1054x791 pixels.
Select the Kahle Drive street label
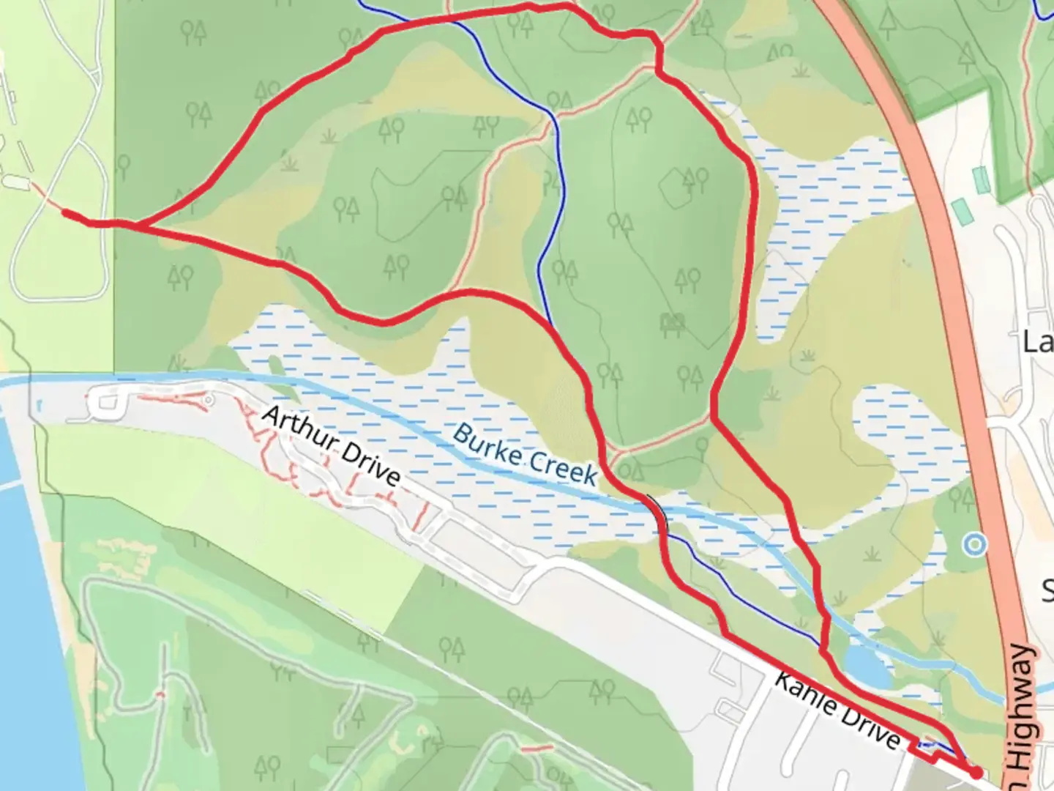[x=837, y=711]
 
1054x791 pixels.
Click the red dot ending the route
[x=976, y=772]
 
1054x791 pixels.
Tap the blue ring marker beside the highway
[x=974, y=544]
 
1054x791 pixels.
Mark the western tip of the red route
[x=66, y=213]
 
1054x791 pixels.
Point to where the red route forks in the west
[x=135, y=225]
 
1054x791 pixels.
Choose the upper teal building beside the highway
[x=981, y=179]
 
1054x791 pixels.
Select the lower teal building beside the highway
[x=960, y=212]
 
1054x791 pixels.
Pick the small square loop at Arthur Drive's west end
[x=106, y=403]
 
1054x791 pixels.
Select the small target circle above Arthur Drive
[x=209, y=400]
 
